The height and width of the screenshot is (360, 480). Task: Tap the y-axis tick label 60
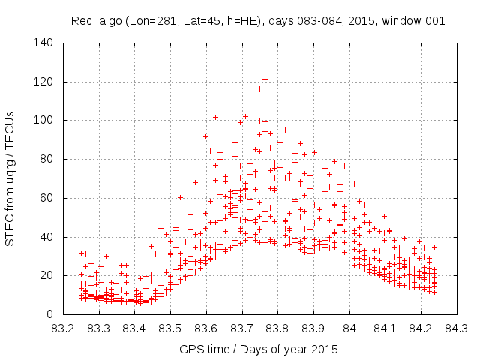pyautogui.click(x=47, y=198)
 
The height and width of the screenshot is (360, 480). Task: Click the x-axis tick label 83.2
pyautogui.click(x=63, y=328)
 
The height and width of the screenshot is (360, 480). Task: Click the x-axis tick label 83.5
pyautogui.click(x=170, y=328)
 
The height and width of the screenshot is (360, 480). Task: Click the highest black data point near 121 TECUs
pyautogui.click(x=265, y=79)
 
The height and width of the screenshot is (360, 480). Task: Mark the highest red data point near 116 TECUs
pyautogui.click(x=259, y=88)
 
